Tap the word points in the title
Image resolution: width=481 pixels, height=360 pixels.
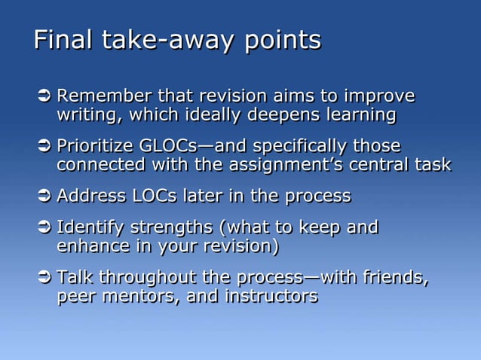pyautogui.click(x=282, y=41)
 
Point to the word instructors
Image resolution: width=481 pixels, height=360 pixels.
pyautogui.click(x=271, y=297)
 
